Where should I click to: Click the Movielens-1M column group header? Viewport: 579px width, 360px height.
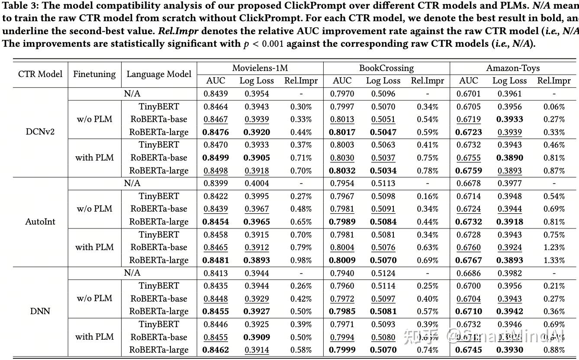pos(260,68)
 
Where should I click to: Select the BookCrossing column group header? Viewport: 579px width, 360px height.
pos(386,68)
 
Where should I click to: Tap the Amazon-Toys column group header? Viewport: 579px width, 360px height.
pos(513,68)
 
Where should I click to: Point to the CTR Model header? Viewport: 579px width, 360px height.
pos(40,74)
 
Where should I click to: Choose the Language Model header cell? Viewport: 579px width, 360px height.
pos(159,74)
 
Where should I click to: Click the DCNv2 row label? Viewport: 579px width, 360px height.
pos(40,132)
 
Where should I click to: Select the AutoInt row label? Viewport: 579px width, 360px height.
pos(40,222)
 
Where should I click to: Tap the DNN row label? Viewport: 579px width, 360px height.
pos(40,311)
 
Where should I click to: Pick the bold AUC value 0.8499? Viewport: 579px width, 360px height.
pos(216,157)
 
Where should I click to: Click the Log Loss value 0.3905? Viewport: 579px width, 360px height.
pos(257,157)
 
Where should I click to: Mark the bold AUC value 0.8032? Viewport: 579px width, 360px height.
pos(342,170)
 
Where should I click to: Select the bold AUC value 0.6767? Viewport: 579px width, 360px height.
pos(469,260)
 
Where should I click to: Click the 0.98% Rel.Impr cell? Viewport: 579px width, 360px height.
pos(302,260)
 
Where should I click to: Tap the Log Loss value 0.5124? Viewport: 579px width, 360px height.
pos(383,273)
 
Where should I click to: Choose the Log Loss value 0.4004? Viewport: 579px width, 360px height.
pos(257,183)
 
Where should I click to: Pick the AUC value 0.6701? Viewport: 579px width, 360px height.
pos(469,93)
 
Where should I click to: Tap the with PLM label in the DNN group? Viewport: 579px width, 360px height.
pos(94,337)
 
